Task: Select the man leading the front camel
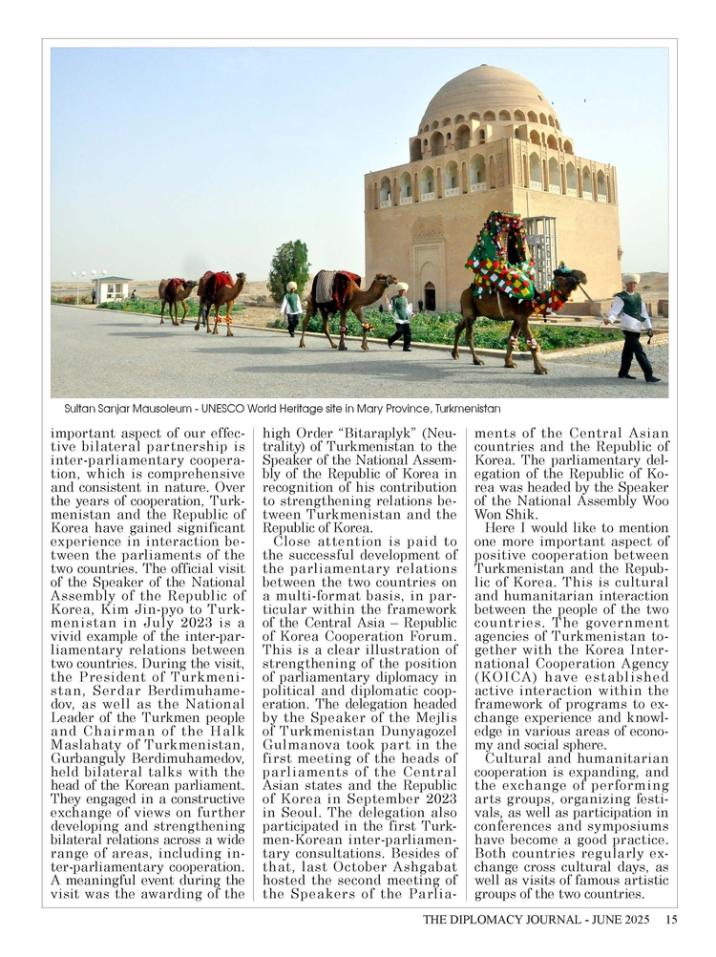(x=633, y=325)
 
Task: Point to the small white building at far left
(x=113, y=289)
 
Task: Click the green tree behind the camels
(x=289, y=269)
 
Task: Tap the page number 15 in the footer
(x=671, y=920)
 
